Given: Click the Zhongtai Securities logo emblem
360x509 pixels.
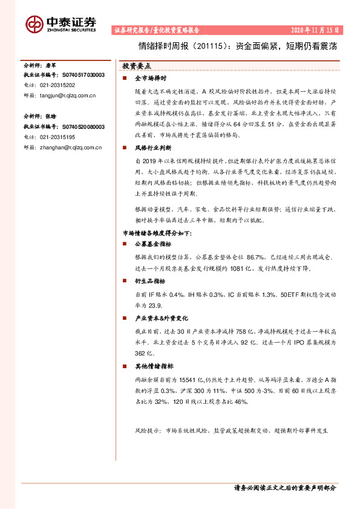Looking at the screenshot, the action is [x=34, y=23].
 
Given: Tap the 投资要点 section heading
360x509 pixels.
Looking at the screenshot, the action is [x=137, y=65].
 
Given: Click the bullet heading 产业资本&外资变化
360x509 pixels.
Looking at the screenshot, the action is [x=161, y=318].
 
